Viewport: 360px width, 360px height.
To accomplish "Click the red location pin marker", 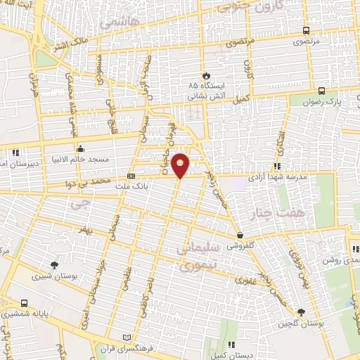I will (x=181, y=164).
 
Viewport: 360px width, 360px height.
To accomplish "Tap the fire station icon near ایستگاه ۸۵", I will (x=206, y=75).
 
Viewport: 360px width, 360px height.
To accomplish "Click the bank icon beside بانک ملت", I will (x=131, y=176).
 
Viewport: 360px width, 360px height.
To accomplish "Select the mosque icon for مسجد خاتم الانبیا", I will (x=81, y=149).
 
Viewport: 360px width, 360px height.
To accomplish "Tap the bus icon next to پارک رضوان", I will (x=321, y=91).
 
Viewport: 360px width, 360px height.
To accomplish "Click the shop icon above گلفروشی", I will (x=241, y=236).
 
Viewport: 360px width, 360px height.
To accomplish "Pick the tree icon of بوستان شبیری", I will (x=55, y=265).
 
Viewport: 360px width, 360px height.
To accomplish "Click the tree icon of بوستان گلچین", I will (x=302, y=312).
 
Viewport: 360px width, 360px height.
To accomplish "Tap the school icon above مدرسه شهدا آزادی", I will (x=277, y=167).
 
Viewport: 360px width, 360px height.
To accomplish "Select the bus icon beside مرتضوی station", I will (x=305, y=30).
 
